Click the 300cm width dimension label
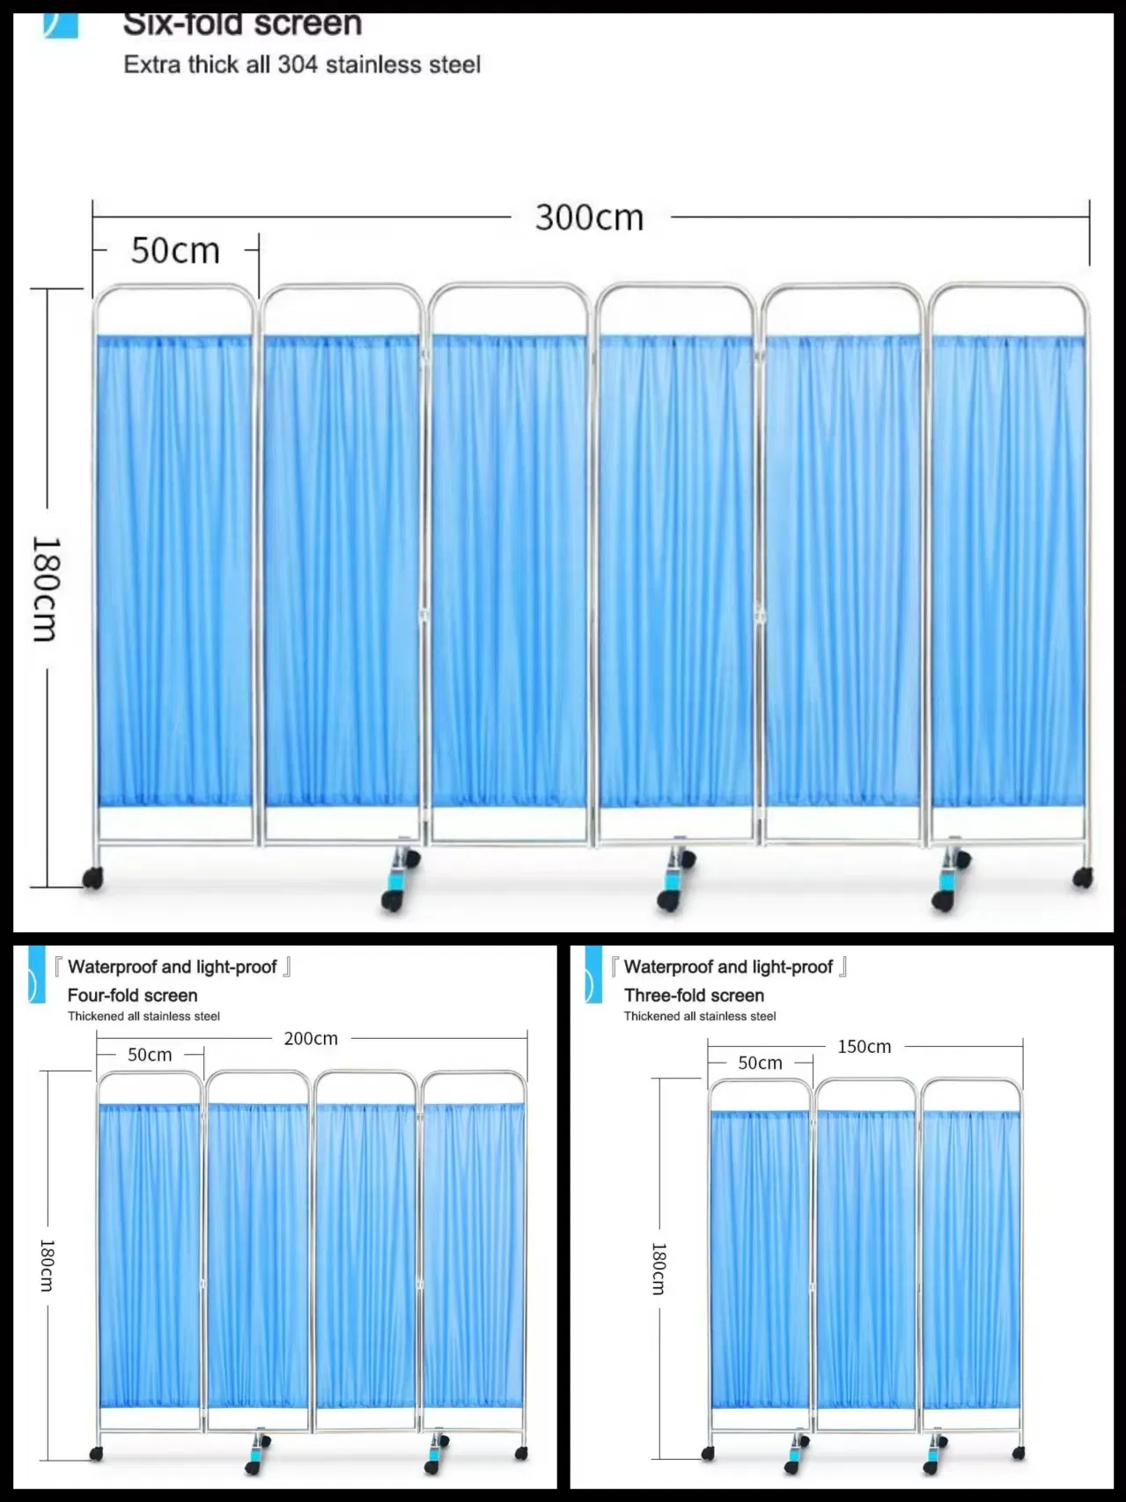click(589, 217)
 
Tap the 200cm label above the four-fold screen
click(311, 1039)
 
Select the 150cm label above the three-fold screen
click(864, 1047)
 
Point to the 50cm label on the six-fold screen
click(175, 251)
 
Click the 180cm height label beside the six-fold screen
click(45, 588)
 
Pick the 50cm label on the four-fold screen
click(150, 1055)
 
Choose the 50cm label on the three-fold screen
click(760, 1063)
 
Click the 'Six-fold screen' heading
click(242, 24)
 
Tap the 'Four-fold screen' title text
click(132, 995)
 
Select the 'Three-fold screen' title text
click(694, 995)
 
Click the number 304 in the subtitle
click(298, 64)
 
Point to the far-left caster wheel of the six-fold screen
click(92, 878)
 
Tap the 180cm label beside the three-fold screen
click(659, 1268)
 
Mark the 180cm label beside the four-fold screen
click(47, 1265)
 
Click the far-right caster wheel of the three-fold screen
click(1018, 1454)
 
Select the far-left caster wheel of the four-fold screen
click(97, 1454)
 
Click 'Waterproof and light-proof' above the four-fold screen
click(173, 967)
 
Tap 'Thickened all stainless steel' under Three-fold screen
click(700, 1016)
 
